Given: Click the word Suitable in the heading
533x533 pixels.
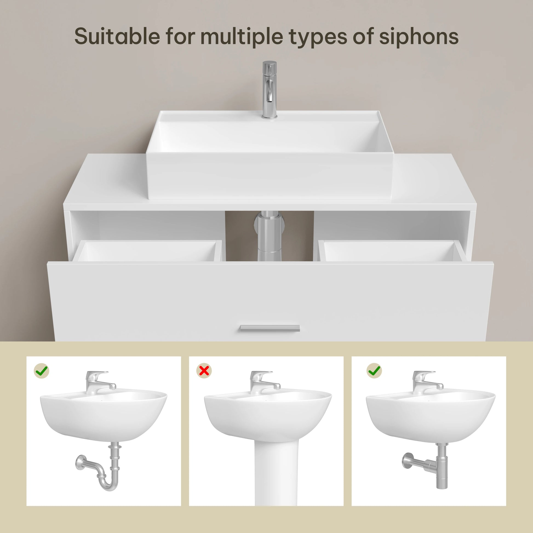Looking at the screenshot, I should (117, 36).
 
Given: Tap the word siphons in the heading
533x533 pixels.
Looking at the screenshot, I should (419, 36).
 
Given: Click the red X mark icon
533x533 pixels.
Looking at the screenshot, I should (204, 371).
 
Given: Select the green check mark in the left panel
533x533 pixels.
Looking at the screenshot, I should (42, 371).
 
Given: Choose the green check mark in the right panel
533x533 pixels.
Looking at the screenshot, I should (374, 371).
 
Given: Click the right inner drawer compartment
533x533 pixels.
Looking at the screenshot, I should (389, 252).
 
